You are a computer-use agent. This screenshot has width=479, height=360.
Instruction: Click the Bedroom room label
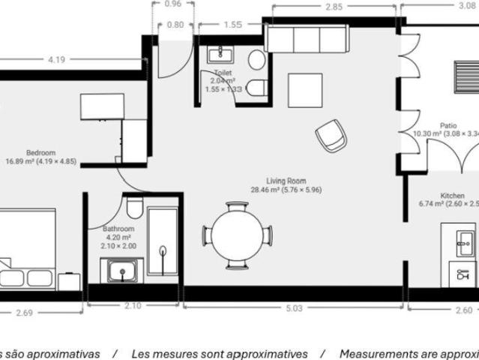40,152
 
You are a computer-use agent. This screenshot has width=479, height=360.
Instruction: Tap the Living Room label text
286,181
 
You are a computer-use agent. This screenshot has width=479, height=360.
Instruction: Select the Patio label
448,126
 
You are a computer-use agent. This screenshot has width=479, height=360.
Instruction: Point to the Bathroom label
118,229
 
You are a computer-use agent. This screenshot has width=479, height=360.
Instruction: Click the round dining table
237,235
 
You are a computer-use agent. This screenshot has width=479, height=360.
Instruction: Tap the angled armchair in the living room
331,135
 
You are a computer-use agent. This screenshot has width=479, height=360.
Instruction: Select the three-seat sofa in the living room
307,37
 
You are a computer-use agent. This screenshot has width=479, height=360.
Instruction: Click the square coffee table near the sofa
305,90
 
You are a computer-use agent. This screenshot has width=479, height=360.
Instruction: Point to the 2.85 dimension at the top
334,7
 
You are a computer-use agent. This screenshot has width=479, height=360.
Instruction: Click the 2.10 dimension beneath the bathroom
132,306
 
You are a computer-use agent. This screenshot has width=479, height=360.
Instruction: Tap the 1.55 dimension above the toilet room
232,24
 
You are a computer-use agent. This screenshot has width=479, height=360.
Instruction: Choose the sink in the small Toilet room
220,52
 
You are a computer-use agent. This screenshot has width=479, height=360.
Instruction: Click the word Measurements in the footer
376,353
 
